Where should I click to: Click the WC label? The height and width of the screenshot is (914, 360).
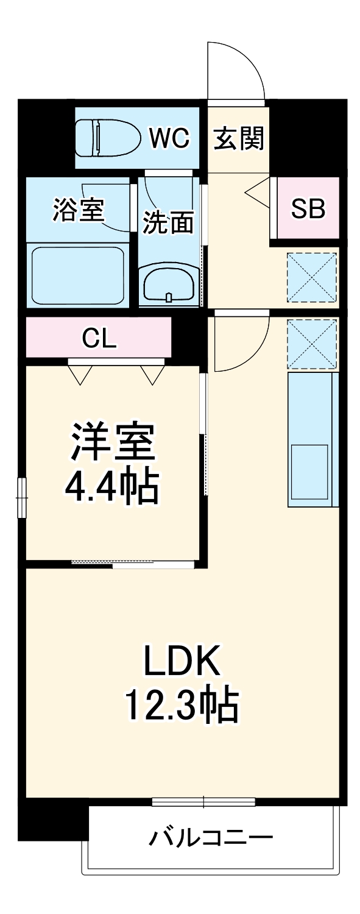(x=170, y=138)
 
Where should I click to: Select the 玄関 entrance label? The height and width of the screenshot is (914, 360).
(x=238, y=139)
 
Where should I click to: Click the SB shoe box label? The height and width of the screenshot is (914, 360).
(x=308, y=209)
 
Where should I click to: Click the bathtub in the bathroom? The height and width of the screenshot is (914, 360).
(x=77, y=276)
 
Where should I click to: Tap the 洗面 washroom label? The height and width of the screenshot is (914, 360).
(x=168, y=222)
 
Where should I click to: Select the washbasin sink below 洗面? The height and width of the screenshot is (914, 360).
(x=169, y=283)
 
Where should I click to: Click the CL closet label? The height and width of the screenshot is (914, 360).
(x=99, y=339)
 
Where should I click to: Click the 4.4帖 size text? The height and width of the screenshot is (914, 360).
(x=111, y=486)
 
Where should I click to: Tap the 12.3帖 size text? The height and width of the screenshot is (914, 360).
(x=181, y=705)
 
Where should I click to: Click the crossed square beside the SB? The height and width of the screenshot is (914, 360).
(x=312, y=277)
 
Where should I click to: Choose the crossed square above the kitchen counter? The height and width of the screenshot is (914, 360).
(x=312, y=344)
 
